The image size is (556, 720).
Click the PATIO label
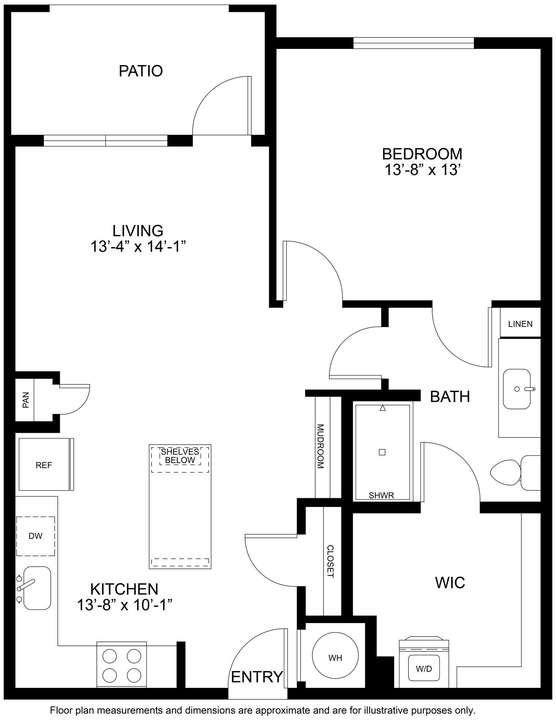coord(141,71)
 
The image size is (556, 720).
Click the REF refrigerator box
coord(44,465)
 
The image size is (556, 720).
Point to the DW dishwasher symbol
coord(35,536)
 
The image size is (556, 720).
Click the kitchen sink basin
coord(37,588)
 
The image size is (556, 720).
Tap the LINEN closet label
coord(520,324)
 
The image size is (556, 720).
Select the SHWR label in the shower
coord(381,496)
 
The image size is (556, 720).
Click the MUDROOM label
coord(320,446)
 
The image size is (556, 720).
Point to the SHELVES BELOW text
coord(180,456)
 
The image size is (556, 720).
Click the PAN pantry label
coord(26,400)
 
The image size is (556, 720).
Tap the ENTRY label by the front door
coord(257,677)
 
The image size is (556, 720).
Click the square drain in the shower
coord(382,453)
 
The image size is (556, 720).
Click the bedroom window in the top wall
coord(414,44)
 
